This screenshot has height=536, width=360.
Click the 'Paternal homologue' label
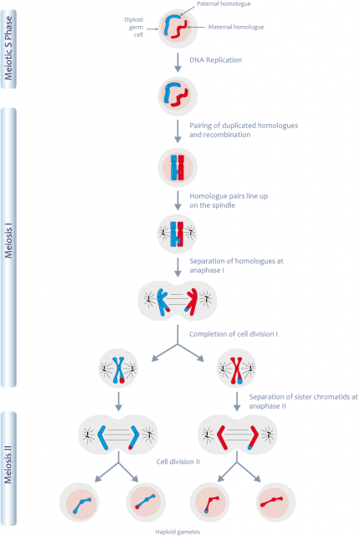(x=224, y=3)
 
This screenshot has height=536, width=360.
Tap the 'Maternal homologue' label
(x=236, y=27)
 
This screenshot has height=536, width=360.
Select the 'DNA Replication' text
(x=215, y=59)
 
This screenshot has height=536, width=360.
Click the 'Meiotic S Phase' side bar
(x=8, y=49)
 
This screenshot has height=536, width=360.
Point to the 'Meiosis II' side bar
(x=8, y=468)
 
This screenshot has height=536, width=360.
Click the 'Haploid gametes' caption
(x=177, y=532)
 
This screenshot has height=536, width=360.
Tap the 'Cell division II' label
(x=178, y=461)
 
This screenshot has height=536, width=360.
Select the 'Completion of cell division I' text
(x=234, y=334)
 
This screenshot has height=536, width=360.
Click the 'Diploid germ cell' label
(x=134, y=27)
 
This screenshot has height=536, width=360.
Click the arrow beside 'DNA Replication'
(x=177, y=63)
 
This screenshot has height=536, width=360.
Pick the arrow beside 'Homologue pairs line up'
(x=177, y=201)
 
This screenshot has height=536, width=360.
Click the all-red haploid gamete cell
(x=275, y=502)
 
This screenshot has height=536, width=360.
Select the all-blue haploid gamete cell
(x=80, y=502)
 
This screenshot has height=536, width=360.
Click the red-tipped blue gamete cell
(x=146, y=502)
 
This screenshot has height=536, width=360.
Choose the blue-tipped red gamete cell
(x=209, y=502)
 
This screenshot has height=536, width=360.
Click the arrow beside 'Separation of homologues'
(x=177, y=267)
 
